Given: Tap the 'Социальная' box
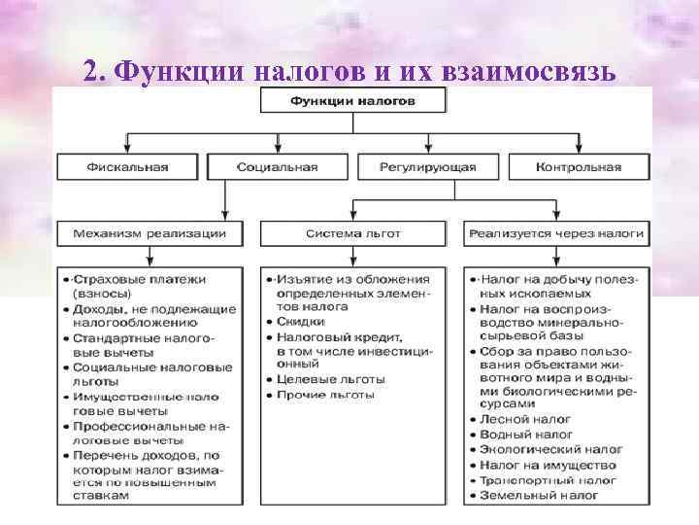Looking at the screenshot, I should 277,167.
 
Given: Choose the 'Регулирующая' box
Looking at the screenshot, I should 428,167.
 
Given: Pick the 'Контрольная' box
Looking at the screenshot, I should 578,167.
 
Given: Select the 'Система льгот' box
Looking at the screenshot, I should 352,233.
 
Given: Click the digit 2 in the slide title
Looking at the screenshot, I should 90,70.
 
